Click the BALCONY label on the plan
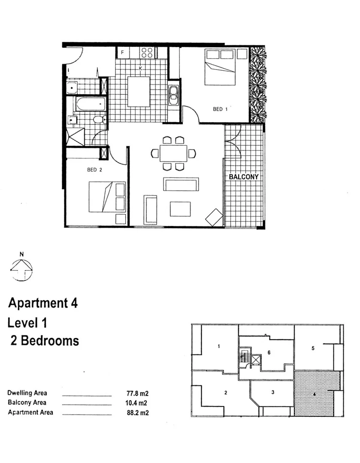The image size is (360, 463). (243, 176)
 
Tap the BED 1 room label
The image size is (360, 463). (220, 109)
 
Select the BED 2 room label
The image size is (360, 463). (94, 170)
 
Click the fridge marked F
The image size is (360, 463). (122, 53)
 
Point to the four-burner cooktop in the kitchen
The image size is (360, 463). (147, 52)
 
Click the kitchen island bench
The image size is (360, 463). (139, 91)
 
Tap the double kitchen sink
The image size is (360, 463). (173, 96)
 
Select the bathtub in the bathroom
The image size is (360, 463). (91, 104)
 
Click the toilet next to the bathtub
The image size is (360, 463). (98, 119)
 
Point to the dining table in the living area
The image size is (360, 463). (173, 153)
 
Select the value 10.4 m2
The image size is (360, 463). (137, 403)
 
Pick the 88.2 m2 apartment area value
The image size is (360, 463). (137, 413)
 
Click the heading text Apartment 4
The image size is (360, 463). (43, 304)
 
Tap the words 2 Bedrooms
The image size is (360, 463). (45, 341)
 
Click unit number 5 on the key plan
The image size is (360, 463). (313, 349)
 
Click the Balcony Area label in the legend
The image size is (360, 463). (27, 403)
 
